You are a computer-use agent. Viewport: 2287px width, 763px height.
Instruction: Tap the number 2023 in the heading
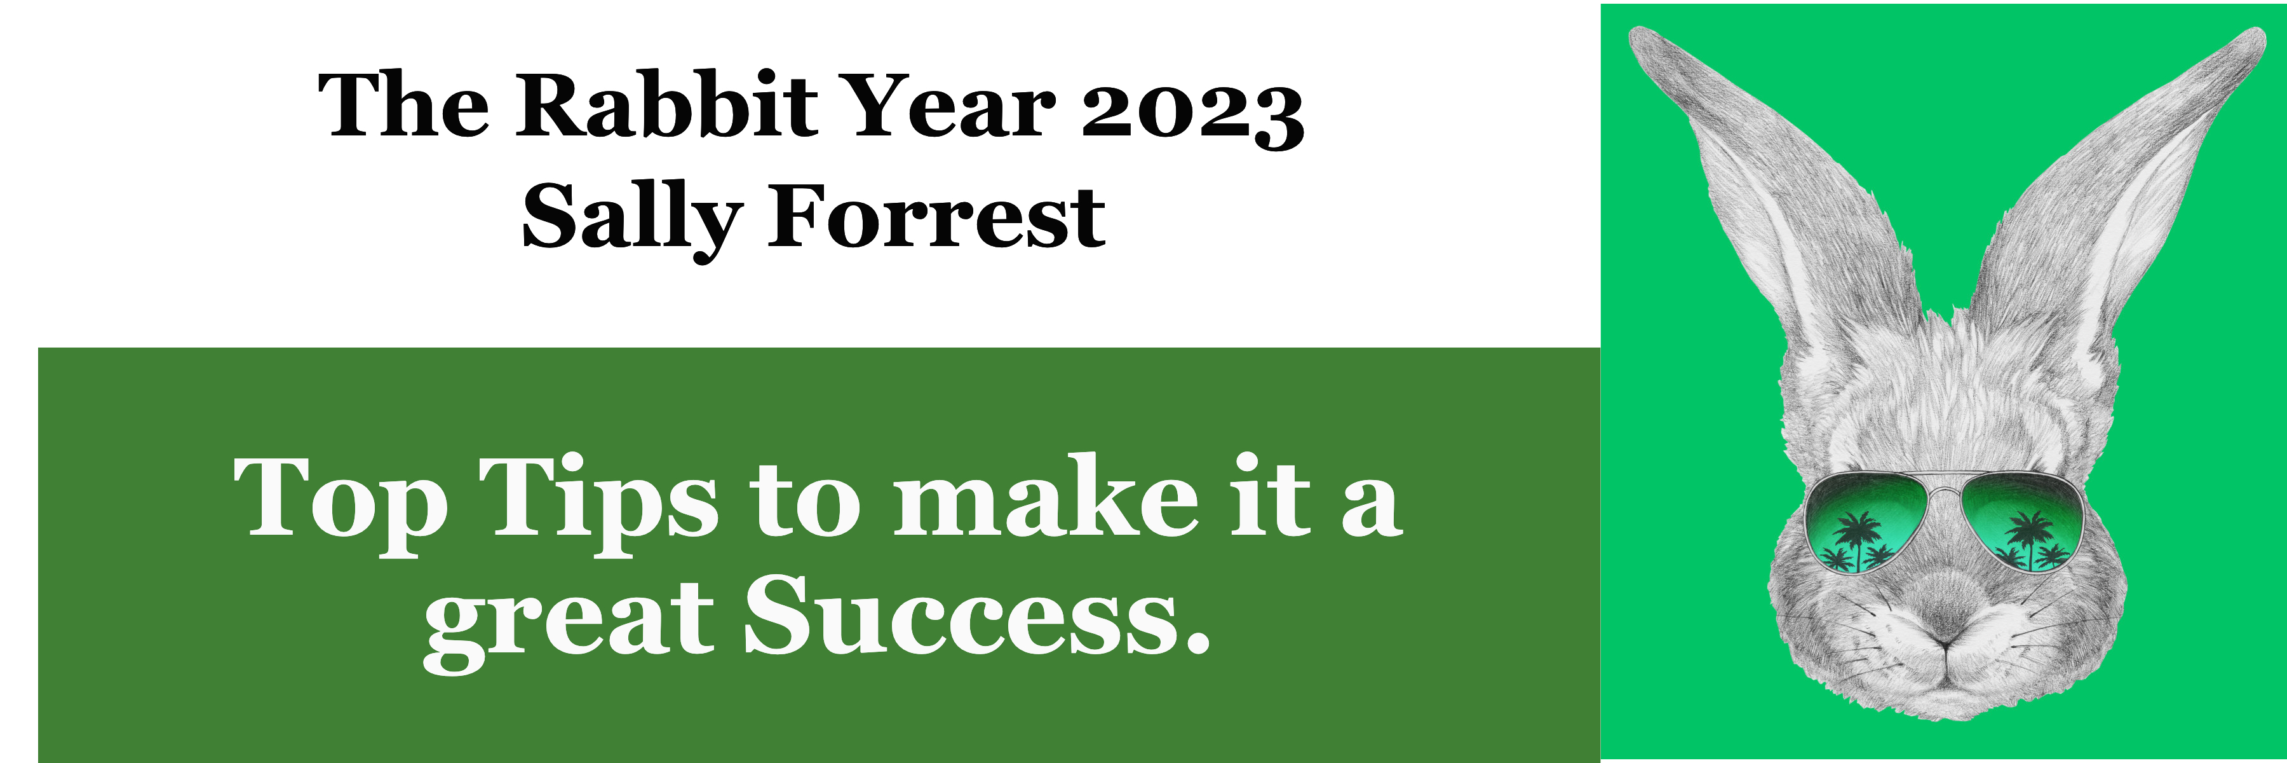click(x=1192, y=114)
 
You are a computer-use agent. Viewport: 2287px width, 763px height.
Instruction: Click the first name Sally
click(x=631, y=220)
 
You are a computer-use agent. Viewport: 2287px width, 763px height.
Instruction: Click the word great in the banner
click(x=568, y=622)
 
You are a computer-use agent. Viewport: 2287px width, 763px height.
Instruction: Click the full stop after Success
click(x=1197, y=642)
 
